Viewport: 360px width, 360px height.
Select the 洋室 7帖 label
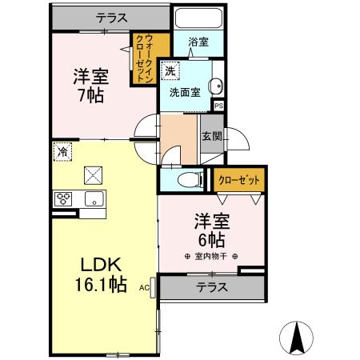(x=90, y=84)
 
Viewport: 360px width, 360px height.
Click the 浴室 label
(x=199, y=42)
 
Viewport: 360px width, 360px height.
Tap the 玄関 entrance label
(x=211, y=138)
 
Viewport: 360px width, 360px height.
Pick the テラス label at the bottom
(x=213, y=287)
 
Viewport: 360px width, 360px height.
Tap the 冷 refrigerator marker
(x=62, y=150)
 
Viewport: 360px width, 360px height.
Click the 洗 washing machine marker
(x=170, y=71)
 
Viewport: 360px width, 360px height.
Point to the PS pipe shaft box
(x=218, y=104)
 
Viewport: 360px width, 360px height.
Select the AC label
(x=145, y=286)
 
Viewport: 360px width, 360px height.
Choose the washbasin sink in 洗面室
(x=214, y=87)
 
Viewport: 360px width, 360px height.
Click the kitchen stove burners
(x=64, y=199)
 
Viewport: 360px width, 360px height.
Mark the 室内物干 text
(x=211, y=256)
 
